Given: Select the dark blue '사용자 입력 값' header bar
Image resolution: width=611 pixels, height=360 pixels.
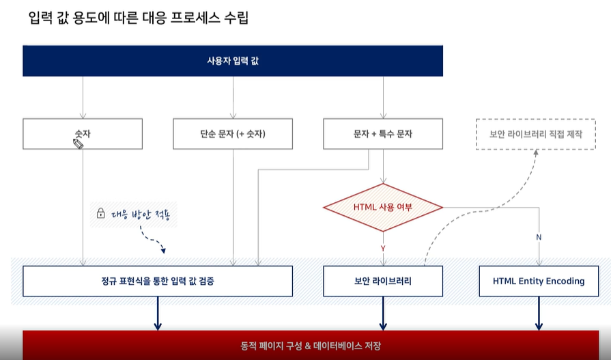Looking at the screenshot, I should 233,61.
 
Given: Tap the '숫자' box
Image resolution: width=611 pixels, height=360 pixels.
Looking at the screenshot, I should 83,134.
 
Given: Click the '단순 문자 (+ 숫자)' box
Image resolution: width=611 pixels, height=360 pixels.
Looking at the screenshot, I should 233,134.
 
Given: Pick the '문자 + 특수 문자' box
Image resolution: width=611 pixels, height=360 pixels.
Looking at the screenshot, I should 383,134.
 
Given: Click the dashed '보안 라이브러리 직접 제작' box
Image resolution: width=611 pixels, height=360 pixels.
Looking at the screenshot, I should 536,134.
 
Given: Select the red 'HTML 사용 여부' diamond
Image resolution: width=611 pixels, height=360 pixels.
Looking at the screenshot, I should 383,206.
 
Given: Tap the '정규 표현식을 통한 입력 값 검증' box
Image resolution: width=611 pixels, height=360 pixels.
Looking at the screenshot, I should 158,281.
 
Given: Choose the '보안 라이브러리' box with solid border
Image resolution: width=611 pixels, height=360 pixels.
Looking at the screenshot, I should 383,281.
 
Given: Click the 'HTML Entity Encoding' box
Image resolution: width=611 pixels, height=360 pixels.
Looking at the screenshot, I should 539,281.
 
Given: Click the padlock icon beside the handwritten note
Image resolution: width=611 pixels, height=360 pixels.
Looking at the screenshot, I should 100,214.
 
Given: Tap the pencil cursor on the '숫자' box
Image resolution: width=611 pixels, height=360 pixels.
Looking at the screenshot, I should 78,143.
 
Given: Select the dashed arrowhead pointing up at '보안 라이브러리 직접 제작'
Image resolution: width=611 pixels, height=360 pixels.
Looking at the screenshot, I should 536,153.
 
